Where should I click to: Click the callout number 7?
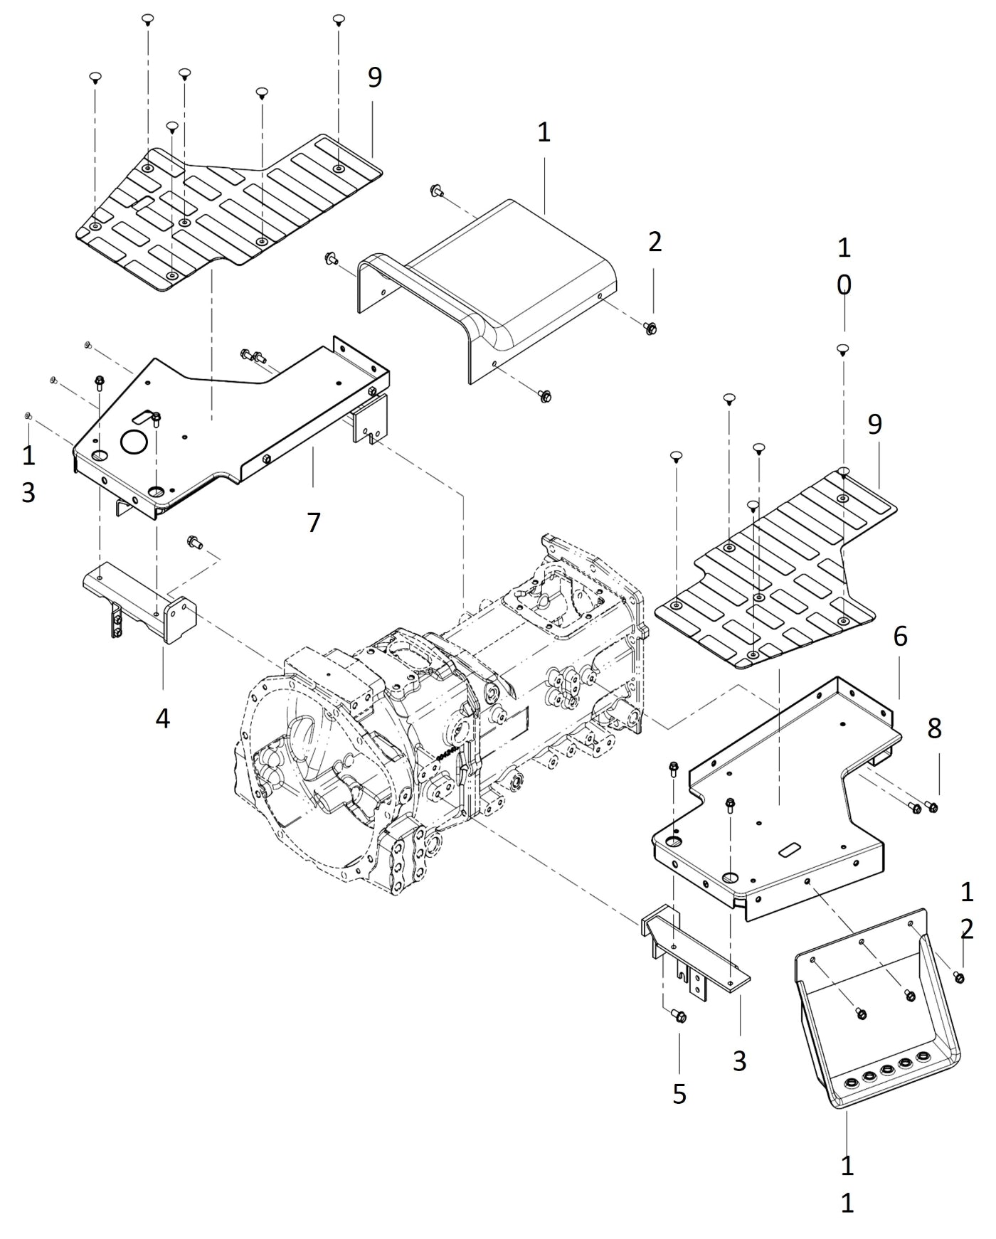[314, 522]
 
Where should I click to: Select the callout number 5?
[679, 1093]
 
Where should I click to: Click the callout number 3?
[740, 1060]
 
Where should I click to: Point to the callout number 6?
[900, 636]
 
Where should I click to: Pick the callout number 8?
[934, 728]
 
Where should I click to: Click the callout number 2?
[655, 242]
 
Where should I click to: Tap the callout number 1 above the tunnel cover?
[544, 132]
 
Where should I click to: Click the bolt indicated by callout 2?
[650, 328]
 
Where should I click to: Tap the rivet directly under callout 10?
[842, 349]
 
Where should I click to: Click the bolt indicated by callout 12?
[958, 977]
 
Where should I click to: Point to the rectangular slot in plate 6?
[789, 849]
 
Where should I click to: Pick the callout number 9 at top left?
[374, 78]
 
